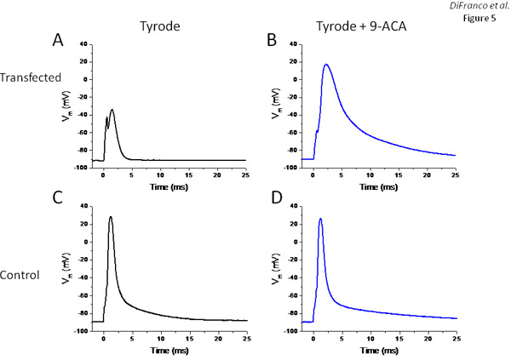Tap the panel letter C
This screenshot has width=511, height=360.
(57, 203)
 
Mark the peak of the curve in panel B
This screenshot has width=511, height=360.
(326, 65)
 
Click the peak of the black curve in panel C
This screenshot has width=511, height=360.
(111, 216)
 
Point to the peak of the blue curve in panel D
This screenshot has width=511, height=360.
(320, 219)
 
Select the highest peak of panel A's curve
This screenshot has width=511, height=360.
(112, 109)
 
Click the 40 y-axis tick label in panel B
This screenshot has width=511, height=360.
(292, 43)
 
